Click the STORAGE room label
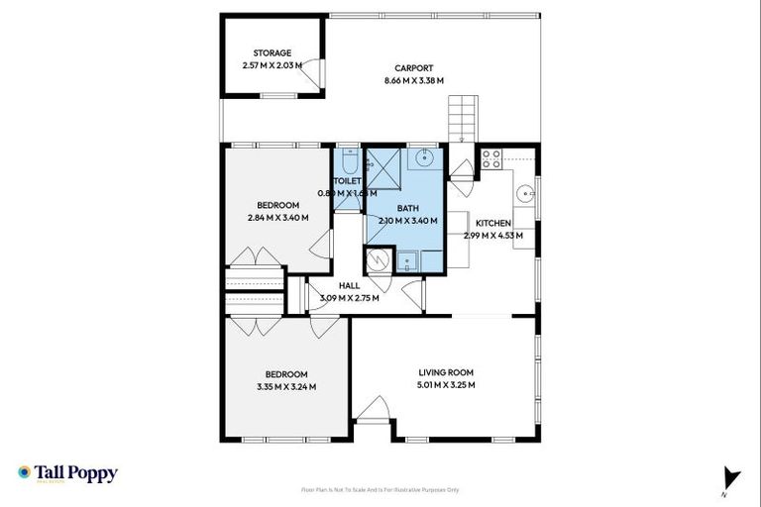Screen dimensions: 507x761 272,52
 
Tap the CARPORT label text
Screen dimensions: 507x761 413,68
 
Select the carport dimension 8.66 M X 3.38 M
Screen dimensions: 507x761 413,80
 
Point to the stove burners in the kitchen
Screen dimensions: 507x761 490,158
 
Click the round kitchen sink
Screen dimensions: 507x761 526,192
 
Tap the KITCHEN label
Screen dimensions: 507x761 492,223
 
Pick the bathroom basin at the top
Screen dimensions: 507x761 425,157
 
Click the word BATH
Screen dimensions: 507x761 407,208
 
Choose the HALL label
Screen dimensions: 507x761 349,285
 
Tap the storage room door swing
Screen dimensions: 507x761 311,71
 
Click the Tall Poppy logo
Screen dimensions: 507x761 67,473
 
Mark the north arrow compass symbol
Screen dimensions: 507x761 731,478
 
